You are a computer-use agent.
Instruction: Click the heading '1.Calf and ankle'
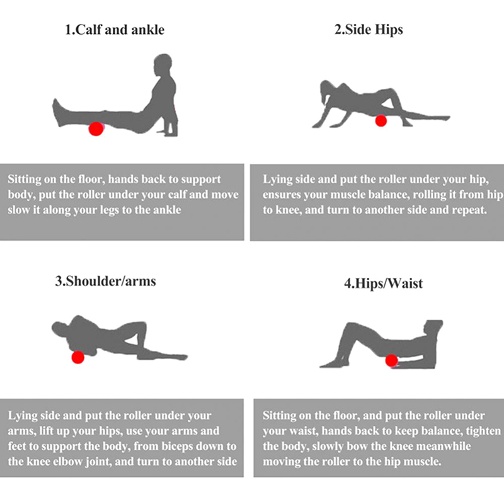(115, 30)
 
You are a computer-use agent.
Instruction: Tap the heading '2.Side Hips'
(369, 30)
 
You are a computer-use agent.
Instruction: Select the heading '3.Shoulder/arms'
(105, 281)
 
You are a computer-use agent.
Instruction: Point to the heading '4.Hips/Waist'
(384, 283)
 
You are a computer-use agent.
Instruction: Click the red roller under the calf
(96, 129)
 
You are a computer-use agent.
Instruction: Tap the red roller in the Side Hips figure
(381, 121)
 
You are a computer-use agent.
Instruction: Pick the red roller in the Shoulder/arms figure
(77, 357)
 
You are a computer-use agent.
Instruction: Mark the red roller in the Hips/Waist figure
(391, 360)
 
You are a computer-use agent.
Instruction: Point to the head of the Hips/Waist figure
(433, 328)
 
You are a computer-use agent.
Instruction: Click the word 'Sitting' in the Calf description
(24, 180)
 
